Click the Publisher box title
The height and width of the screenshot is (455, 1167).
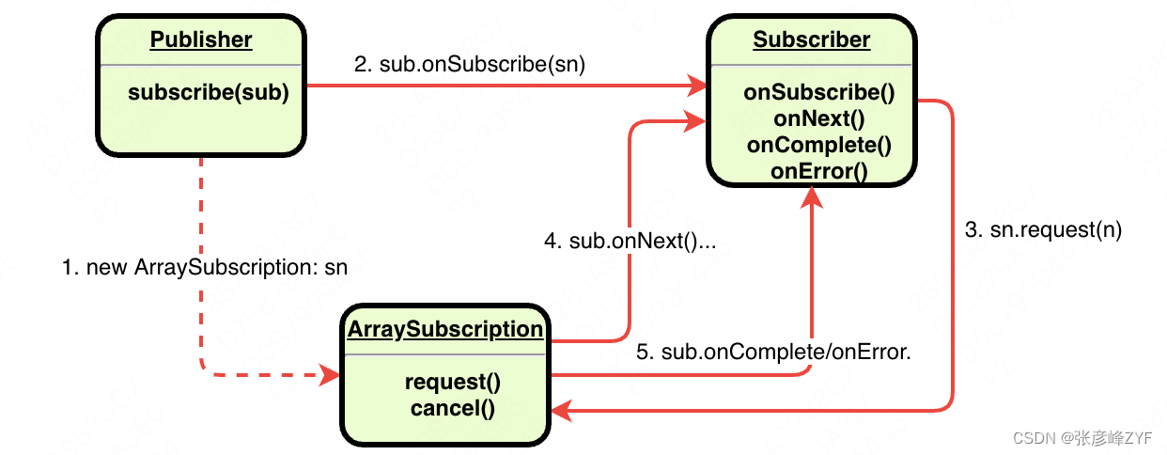[201, 39]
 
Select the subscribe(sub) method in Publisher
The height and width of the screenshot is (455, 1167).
[208, 92]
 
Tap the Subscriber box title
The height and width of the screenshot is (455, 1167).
[812, 39]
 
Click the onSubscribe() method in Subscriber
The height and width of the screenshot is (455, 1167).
[818, 92]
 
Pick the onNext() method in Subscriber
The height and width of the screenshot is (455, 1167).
[818, 118]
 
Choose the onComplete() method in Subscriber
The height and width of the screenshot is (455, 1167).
[818, 145]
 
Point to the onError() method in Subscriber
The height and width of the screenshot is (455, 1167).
[818, 171]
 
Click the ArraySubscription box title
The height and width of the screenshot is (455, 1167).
[445, 329]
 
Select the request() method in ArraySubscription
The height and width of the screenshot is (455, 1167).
[452, 383]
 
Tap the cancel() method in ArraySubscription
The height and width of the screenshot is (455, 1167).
[452, 408]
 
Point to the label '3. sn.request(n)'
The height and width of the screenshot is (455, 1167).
[1043, 229]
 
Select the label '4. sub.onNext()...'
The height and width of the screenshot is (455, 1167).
[630, 242]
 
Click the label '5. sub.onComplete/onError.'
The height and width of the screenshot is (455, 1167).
[774, 353]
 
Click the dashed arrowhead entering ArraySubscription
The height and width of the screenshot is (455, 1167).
[330, 375]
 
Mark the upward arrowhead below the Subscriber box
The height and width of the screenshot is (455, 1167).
[811, 196]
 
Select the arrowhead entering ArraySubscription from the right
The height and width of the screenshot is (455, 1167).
[562, 410]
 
